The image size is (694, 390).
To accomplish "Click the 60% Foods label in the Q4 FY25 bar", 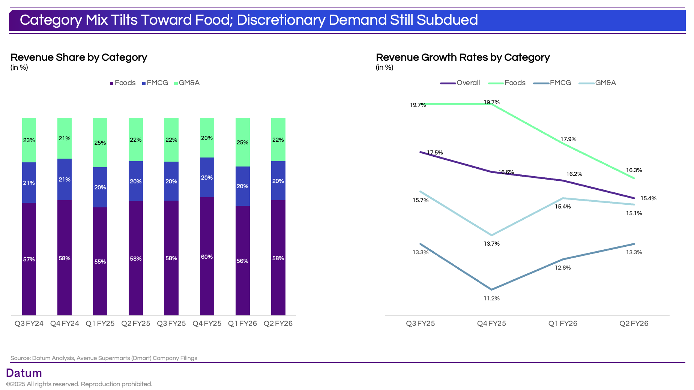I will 207,257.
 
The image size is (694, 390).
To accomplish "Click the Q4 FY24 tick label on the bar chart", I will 65,324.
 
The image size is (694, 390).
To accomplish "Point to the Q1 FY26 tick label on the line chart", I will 563,324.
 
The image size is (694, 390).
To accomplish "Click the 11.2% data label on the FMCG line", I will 491,298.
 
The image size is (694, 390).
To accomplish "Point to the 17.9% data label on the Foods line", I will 568,139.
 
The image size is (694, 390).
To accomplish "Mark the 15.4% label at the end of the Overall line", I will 648,198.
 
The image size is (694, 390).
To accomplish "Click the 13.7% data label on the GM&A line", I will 491,244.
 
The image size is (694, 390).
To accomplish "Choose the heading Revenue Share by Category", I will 79,57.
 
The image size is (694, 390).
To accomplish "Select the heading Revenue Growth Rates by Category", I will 463,57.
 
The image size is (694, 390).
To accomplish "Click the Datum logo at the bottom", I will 24,373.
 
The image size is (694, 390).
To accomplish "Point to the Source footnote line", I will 104,358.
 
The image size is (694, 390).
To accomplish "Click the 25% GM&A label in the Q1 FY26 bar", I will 242,142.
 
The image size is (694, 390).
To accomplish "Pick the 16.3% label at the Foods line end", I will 634,170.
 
